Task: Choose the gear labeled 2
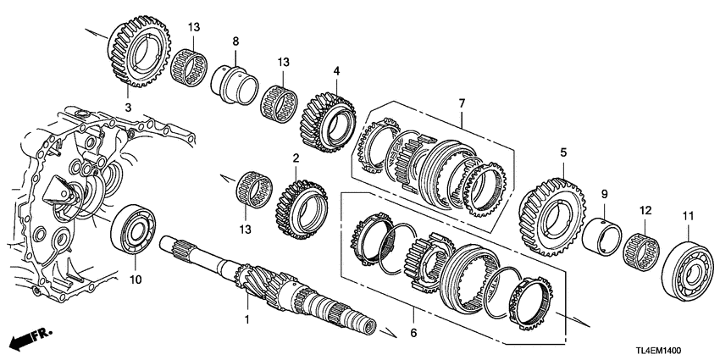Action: pyautogui.click(x=297, y=204)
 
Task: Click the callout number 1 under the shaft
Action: pyautogui.click(x=247, y=321)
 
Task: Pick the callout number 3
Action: pyautogui.click(x=128, y=107)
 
